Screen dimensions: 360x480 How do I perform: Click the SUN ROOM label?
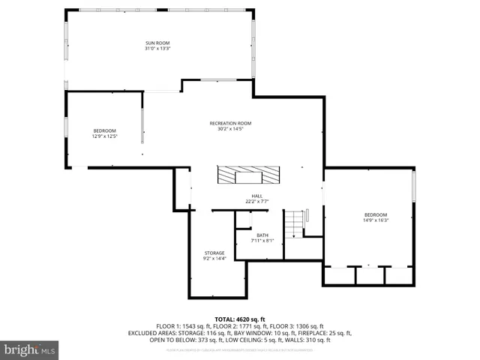157,43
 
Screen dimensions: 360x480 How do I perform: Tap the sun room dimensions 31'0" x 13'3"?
157,49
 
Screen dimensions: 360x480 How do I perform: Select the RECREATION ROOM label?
229,123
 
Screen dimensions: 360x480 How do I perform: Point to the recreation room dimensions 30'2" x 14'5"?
229,128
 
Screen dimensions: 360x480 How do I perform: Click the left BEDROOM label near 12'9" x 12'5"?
104,130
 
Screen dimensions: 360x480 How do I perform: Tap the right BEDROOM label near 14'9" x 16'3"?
376,214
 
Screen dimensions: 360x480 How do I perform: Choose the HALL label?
257,196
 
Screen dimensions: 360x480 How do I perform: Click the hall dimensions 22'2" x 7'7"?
257,202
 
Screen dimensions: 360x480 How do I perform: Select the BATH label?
262,235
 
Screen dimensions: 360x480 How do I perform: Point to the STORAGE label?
214,253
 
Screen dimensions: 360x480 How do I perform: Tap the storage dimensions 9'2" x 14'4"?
214,259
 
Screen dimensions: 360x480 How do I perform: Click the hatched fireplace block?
250,175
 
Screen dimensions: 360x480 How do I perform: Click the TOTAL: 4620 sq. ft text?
240,319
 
